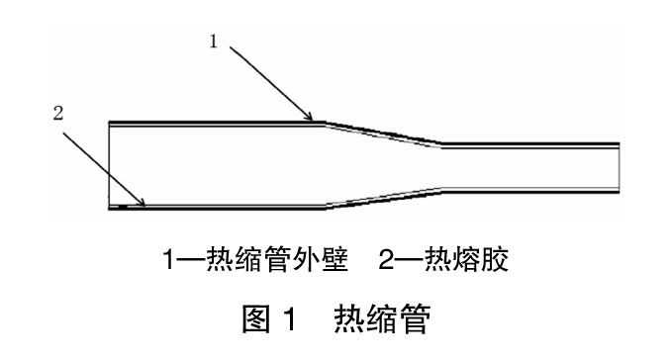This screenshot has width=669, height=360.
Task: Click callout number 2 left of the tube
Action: click(x=57, y=113)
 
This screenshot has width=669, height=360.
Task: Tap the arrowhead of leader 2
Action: click(x=144, y=206)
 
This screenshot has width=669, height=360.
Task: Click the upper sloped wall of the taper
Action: click(x=381, y=134)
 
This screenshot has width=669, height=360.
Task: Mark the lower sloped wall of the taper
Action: click(x=381, y=198)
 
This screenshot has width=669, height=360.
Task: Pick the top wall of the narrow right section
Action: click(x=529, y=144)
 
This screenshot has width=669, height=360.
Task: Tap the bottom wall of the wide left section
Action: click(x=218, y=209)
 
